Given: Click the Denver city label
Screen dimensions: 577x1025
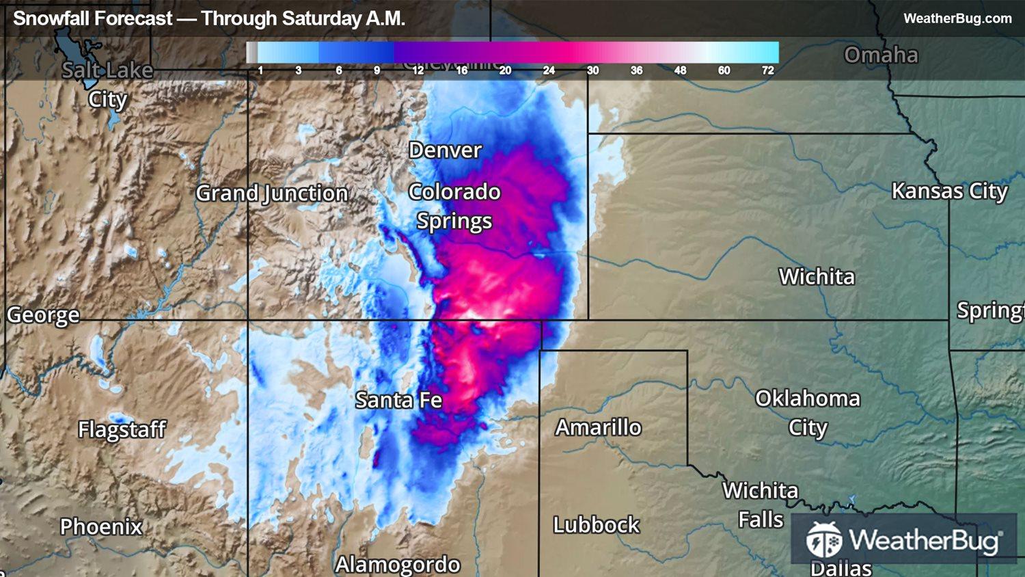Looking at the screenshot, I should click(x=445, y=150).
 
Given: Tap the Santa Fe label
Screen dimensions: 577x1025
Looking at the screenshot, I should click(x=398, y=400).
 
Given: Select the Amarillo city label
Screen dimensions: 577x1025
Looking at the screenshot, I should click(x=598, y=427).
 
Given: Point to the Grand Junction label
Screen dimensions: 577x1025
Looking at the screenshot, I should click(x=272, y=193).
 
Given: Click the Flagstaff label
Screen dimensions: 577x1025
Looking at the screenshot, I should click(x=122, y=429).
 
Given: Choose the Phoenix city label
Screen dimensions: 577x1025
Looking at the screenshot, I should click(x=101, y=526).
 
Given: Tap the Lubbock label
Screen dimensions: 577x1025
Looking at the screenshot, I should click(x=596, y=524).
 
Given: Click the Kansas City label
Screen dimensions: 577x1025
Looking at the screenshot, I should click(x=949, y=191).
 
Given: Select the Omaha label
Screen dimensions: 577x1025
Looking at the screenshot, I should click(x=881, y=55).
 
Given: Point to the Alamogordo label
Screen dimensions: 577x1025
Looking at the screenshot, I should click(x=398, y=564).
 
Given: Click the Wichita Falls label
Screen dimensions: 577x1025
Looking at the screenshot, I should click(x=761, y=505).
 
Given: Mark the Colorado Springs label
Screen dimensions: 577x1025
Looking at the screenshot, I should click(x=454, y=206).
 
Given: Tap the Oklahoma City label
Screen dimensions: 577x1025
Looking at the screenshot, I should click(x=808, y=412).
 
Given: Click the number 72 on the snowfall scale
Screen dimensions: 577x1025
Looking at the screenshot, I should click(x=768, y=70).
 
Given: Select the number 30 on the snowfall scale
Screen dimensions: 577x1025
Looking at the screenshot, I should click(x=592, y=70).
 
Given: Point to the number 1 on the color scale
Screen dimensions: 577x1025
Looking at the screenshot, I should click(x=260, y=70).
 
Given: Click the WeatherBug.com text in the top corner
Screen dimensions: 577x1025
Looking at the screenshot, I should click(x=957, y=18).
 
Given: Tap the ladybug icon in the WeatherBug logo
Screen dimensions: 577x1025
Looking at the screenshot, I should click(x=823, y=540).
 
